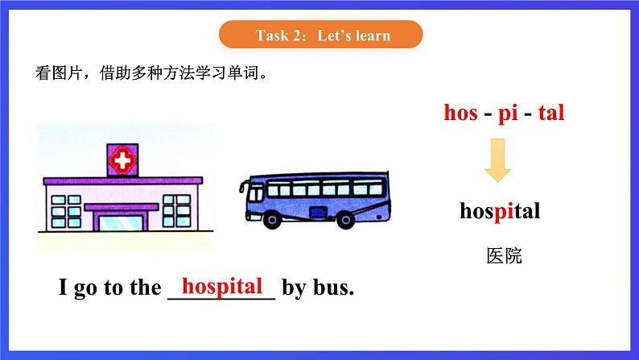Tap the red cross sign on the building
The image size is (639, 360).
[123, 162]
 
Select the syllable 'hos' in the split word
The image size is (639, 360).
[461, 113]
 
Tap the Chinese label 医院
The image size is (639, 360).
[505, 256]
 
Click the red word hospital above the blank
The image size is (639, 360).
[222, 285]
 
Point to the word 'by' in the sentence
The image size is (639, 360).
[294, 288]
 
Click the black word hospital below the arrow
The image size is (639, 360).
[499, 212]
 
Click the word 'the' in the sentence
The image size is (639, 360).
[144, 288]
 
